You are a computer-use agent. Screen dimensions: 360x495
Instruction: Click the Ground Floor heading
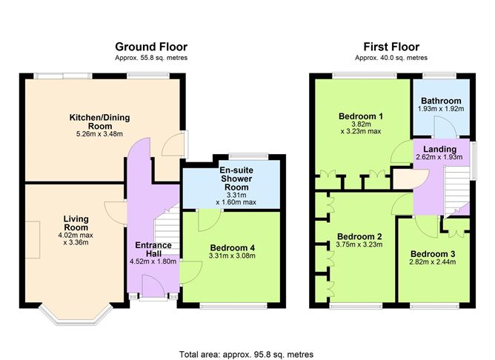150,46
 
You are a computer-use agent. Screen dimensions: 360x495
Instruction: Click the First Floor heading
391,46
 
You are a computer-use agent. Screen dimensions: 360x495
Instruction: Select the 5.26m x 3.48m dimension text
99,135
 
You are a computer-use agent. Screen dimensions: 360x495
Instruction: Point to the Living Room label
76,223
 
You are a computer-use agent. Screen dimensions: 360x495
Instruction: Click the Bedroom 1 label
361,116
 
